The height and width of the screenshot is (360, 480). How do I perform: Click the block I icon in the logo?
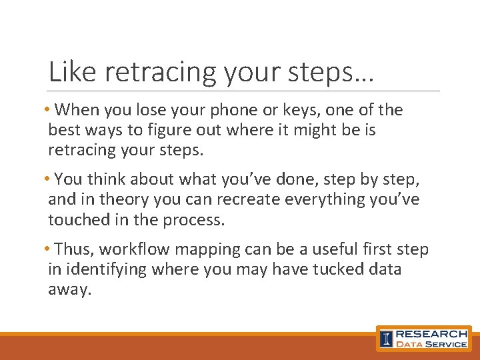pyautogui.click(x=386, y=338)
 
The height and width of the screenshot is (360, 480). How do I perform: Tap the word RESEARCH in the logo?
pyautogui.click(x=432, y=333)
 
